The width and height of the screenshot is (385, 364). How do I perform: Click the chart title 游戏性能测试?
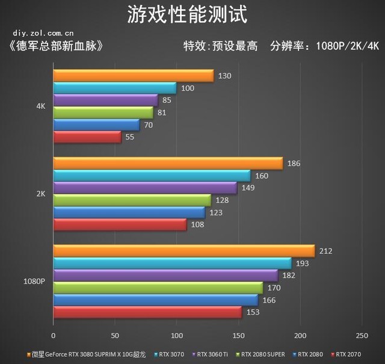click(x=186, y=14)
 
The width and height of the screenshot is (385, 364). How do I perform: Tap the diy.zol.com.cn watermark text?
click(x=42, y=33)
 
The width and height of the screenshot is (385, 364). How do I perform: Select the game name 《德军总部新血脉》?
click(x=53, y=46)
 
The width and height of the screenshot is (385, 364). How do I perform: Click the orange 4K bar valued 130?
click(x=133, y=75)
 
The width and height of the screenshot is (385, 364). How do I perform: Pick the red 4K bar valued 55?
click(x=87, y=137)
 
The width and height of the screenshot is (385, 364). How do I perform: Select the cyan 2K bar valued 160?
click(x=152, y=175)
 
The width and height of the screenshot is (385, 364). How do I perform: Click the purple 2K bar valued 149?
click(x=145, y=188)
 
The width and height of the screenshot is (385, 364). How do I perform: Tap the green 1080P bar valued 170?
click(x=158, y=288)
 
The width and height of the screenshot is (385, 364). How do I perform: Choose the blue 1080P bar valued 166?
click(x=155, y=300)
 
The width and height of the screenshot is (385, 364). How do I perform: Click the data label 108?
click(x=197, y=224)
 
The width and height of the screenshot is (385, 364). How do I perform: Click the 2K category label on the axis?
click(x=41, y=194)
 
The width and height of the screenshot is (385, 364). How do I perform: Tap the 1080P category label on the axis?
click(x=35, y=281)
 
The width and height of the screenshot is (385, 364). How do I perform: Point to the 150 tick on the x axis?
click(x=238, y=335)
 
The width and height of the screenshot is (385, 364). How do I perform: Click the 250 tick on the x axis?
click(x=362, y=335)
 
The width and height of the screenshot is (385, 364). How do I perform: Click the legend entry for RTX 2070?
click(x=348, y=354)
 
